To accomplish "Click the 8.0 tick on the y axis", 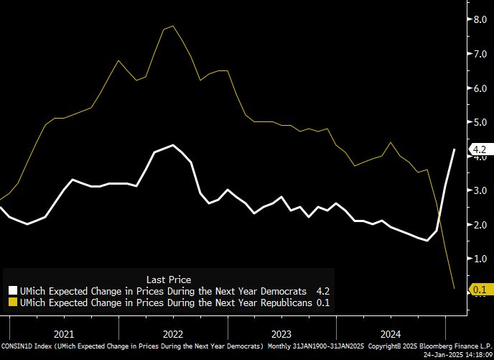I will click(480, 19).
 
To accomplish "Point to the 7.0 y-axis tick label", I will click(480, 54).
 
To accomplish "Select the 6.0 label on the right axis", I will click(480, 88).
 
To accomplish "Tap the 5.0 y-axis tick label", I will click(480, 122).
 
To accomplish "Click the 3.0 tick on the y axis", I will click(480, 190).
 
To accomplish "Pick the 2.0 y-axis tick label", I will click(480, 225).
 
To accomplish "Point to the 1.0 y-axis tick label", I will click(480, 259).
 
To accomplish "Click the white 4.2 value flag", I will click(479, 149).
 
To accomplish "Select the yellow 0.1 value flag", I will click(479, 290).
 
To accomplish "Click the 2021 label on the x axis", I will click(63, 333).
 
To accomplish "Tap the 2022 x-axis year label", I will click(172, 333).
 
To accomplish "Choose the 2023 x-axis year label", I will click(281, 333).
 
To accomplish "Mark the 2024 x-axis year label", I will click(391, 333).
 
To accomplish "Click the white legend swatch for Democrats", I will click(12, 291).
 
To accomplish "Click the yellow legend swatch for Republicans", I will click(12, 303).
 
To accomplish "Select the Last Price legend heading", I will click(168, 279).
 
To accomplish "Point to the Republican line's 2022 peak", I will click(172, 26).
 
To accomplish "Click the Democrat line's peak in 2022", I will click(173, 145).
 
